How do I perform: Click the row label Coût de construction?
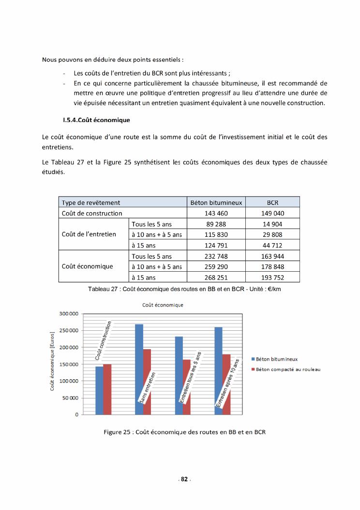coord(92,213)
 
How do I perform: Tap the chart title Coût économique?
coord(162,305)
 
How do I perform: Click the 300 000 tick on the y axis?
coord(69,314)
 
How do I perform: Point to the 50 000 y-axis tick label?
coord(70,398)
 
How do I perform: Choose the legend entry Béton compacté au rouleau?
coord(288,370)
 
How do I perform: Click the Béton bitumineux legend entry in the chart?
coord(276,359)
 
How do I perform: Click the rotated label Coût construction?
coord(104,340)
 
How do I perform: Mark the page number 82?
coord(184,479)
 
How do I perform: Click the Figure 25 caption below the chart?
coord(185,432)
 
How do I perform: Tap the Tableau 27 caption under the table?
coord(184,289)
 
